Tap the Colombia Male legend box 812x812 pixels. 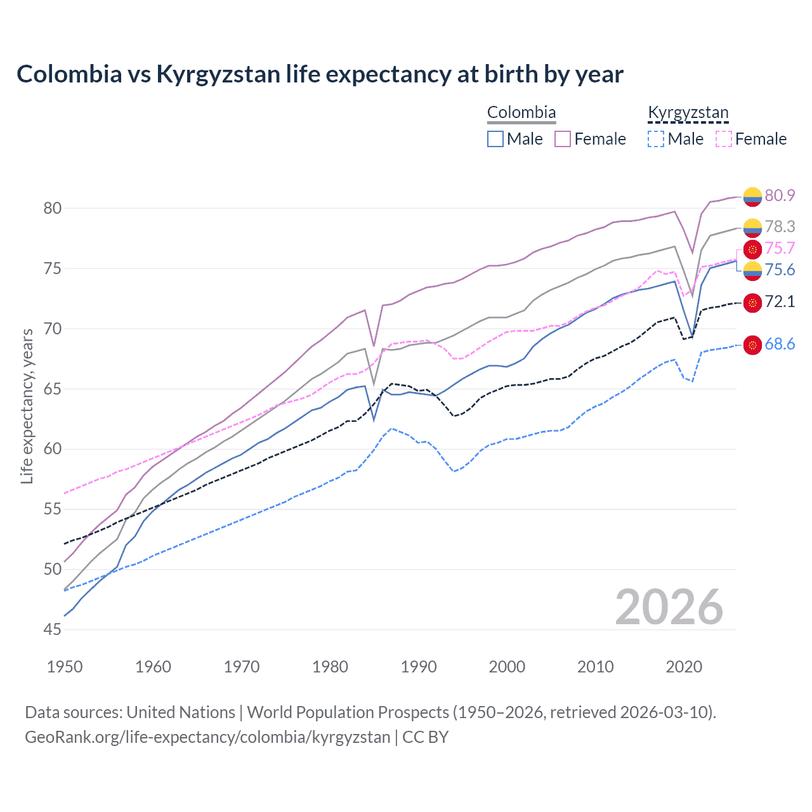pyautogui.click(x=495, y=139)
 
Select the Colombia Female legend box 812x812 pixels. pyautogui.click(x=563, y=139)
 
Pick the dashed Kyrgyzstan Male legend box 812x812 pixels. pyautogui.click(x=656, y=139)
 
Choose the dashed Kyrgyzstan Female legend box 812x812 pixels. pyautogui.click(x=724, y=139)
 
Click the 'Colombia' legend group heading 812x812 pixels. pyautogui.click(x=521, y=113)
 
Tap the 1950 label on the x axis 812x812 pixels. pyautogui.click(x=65, y=667)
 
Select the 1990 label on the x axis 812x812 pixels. pyautogui.click(x=419, y=667)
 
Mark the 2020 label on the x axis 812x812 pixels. pyautogui.click(x=684, y=667)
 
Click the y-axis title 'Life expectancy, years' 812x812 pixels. pyautogui.click(x=27, y=406)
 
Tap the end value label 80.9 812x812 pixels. pyautogui.click(x=780, y=195)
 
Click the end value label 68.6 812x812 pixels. pyautogui.click(x=780, y=344)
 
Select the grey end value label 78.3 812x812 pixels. pyautogui.click(x=780, y=226)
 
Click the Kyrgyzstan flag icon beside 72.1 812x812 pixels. pyautogui.click(x=752, y=303)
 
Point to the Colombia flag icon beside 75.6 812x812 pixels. pyautogui.click(x=752, y=271)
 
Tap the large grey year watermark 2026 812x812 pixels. pyautogui.click(x=669, y=607)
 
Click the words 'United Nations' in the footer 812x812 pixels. pyautogui.click(x=181, y=712)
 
